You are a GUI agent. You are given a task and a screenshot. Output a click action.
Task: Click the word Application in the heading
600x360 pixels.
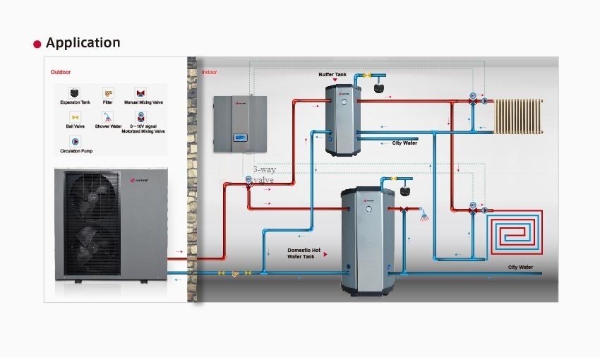pyautogui.click(x=83, y=43)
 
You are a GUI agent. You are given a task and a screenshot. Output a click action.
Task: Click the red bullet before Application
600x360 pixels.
pyautogui.click(x=37, y=44)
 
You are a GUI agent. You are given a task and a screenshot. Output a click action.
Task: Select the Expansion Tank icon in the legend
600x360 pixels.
pyautogui.click(x=73, y=93)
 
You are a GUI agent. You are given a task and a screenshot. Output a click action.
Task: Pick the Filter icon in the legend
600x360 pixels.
pyautogui.click(x=108, y=93)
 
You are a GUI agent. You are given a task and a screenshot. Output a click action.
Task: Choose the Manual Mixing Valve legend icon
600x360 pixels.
pyautogui.click(x=140, y=93)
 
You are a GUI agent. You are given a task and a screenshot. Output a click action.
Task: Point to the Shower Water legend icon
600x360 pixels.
pyautogui.click(x=108, y=116)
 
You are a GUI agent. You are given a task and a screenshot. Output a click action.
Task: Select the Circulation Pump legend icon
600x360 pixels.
pyautogui.click(x=75, y=141)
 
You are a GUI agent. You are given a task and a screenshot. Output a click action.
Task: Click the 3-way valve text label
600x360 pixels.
pyautogui.click(x=263, y=174)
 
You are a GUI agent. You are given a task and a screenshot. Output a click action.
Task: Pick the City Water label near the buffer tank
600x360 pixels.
pyautogui.click(x=404, y=143)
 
